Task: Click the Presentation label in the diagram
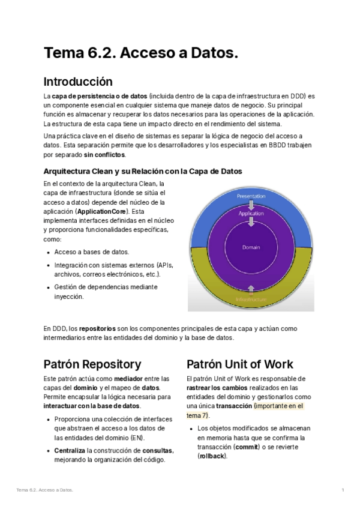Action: click(x=251, y=196)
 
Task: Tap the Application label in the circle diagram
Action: click(x=251, y=213)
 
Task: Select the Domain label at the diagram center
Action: click(x=251, y=247)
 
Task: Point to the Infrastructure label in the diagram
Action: click(x=251, y=299)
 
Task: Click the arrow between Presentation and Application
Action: click(x=251, y=205)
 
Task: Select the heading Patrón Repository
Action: click(x=92, y=364)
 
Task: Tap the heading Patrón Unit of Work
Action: click(x=239, y=364)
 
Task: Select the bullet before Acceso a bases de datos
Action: click(x=48, y=252)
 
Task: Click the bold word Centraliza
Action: click(x=70, y=451)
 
